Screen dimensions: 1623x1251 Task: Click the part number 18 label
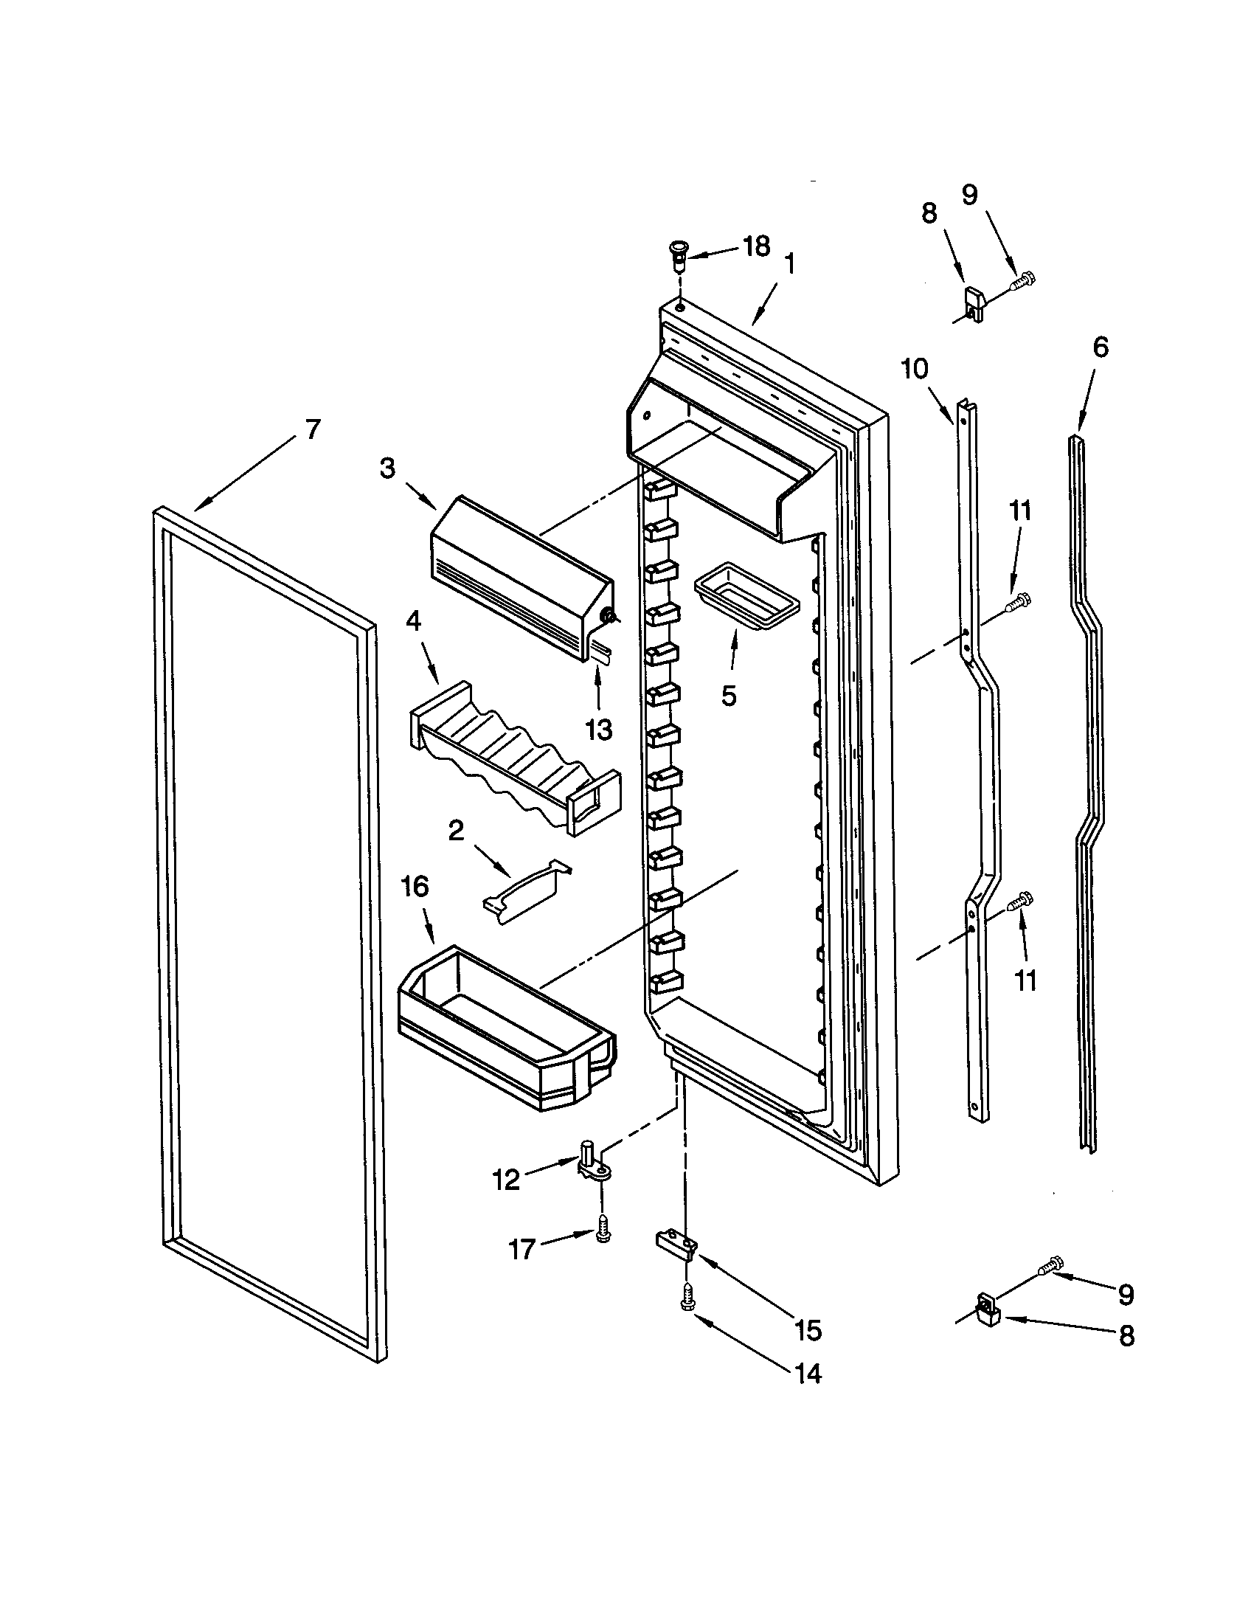[756, 247]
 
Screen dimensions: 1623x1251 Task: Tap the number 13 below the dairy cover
[598, 729]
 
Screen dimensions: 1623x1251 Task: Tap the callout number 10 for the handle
[915, 369]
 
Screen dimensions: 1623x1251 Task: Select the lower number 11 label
[1025, 981]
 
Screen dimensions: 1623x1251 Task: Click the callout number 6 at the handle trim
[1101, 347]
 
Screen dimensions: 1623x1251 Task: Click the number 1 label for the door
[790, 264]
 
